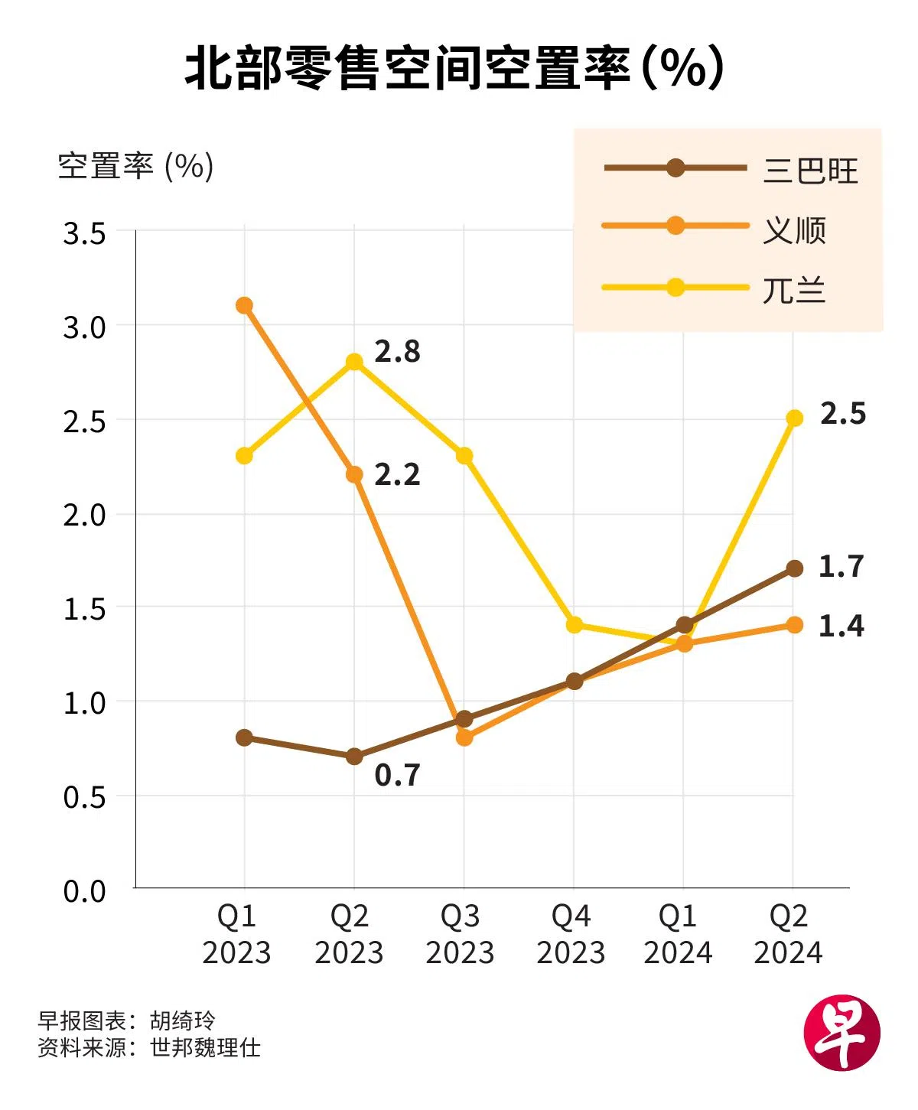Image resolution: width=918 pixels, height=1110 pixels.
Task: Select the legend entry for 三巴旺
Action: [x=809, y=170]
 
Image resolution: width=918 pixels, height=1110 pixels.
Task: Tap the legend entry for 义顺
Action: [x=794, y=229]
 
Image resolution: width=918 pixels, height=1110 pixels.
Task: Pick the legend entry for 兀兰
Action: [x=794, y=290]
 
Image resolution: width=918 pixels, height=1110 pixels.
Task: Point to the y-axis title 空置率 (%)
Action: [x=135, y=166]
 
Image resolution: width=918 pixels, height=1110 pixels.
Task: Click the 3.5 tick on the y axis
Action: [x=84, y=233]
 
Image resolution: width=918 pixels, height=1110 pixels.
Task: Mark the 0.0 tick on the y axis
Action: [x=84, y=890]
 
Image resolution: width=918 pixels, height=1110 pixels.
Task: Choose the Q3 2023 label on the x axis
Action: [x=460, y=934]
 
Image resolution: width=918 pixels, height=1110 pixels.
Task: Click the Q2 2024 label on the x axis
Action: [x=788, y=934]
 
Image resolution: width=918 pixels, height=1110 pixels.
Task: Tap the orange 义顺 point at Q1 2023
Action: [x=244, y=305]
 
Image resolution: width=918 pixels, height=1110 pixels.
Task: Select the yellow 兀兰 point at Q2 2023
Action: [x=354, y=362]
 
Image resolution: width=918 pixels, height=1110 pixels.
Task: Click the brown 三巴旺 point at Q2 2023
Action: [x=354, y=757]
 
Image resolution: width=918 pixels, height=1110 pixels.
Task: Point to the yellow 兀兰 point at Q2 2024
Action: [x=794, y=418]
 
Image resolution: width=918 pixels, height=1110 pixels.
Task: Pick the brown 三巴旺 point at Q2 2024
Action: [x=794, y=568]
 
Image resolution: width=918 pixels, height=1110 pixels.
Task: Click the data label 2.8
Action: [x=397, y=351]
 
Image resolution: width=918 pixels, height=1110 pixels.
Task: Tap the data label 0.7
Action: [x=397, y=775]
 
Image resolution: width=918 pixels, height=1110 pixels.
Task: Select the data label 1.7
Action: [x=841, y=566]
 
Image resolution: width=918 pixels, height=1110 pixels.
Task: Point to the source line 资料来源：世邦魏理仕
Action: [x=149, y=1047]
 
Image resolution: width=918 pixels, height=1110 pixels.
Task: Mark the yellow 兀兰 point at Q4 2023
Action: [x=575, y=625]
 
